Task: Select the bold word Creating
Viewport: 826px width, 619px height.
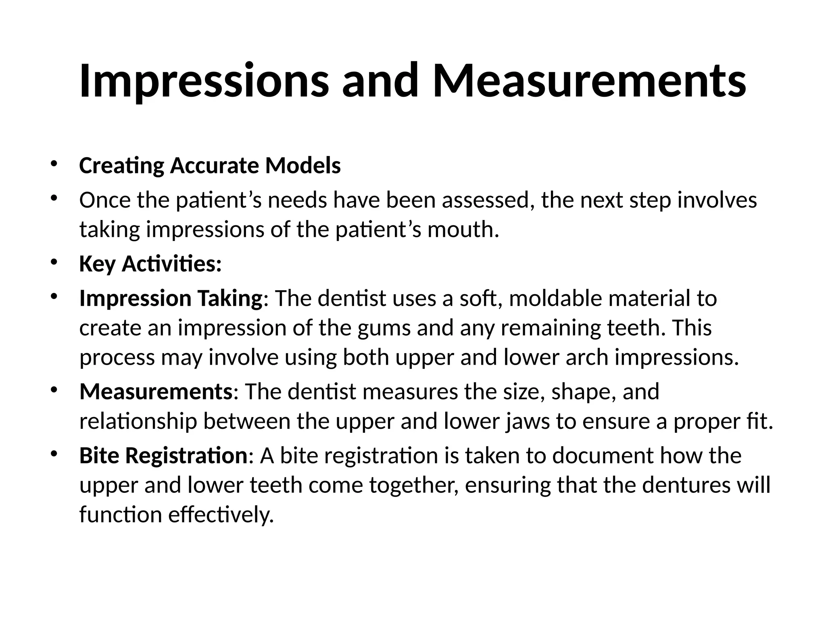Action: pos(121,166)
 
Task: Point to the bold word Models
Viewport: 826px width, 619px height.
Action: pos(303,166)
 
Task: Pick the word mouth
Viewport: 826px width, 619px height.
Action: pos(463,230)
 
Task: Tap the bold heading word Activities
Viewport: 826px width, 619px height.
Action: pos(171,264)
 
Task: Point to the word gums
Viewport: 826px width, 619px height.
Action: pos(384,328)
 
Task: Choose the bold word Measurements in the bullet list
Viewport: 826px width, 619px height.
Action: pos(156,392)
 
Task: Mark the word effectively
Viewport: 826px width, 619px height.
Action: pos(221,515)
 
